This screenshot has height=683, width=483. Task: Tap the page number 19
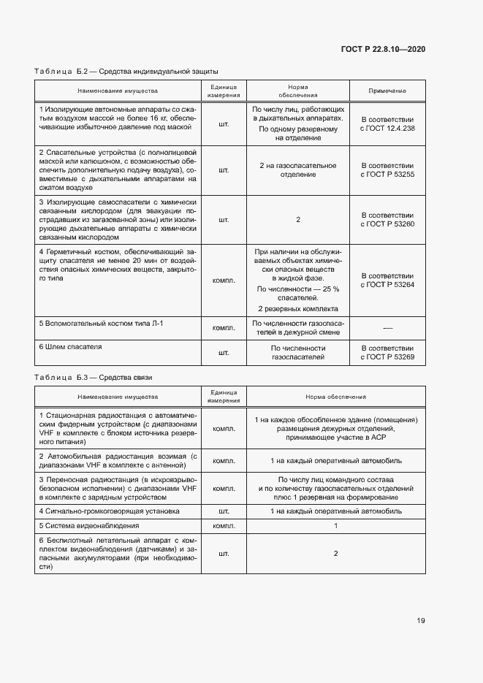[x=421, y=621]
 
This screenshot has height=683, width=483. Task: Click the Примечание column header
[x=387, y=91]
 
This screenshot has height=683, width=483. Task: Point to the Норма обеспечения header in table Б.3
[x=336, y=397]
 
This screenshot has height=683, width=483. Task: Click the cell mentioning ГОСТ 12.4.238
[x=387, y=123]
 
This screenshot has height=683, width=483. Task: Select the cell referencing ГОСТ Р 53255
[x=387, y=170]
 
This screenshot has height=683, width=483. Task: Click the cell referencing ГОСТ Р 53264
[x=387, y=280]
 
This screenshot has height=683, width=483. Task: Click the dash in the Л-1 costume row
[x=387, y=327]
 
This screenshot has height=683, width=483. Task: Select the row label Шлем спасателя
[x=71, y=346]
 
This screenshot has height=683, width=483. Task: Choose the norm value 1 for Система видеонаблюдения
[x=336, y=525]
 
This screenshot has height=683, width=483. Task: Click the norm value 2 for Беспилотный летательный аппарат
[x=336, y=554]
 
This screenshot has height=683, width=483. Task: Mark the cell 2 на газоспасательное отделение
[x=298, y=170]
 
